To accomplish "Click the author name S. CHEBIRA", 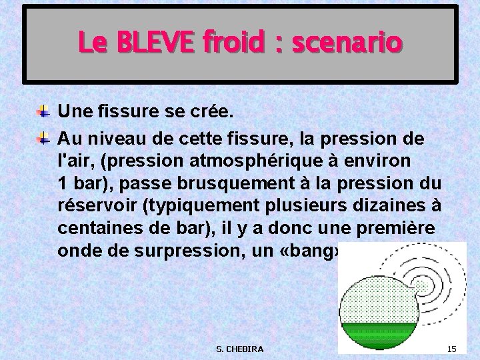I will (x=240, y=349).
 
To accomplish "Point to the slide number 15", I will (x=451, y=349).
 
